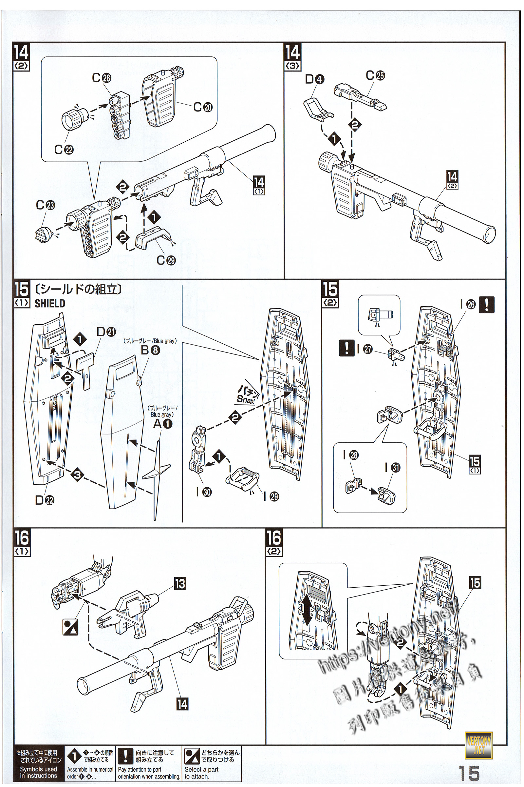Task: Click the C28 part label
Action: (102, 78)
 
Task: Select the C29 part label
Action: (166, 260)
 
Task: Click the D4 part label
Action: (314, 79)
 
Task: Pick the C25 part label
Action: (375, 76)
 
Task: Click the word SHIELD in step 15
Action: (50, 304)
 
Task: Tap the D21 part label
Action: (106, 332)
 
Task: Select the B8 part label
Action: (150, 350)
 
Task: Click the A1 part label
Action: (163, 424)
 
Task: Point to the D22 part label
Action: (45, 500)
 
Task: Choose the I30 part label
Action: (204, 492)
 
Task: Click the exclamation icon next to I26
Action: (486, 305)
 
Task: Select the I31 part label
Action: (393, 468)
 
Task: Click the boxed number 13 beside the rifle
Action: (180, 584)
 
